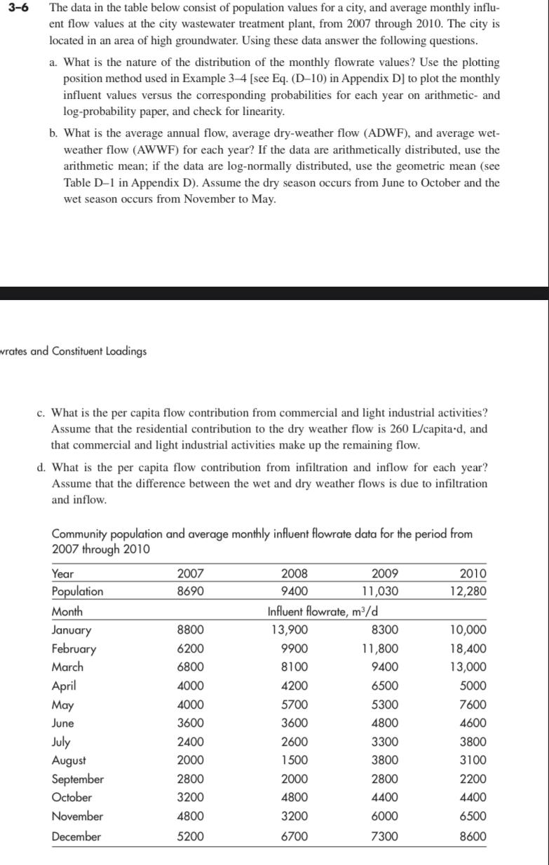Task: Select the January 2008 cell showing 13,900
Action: pos(289,630)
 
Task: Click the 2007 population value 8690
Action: pos(191,592)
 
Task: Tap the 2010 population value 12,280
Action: pos(468,592)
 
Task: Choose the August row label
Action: pos(69,761)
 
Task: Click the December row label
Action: pos(76,836)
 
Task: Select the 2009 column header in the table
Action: pos(384,573)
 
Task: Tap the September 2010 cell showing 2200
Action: pos(473,779)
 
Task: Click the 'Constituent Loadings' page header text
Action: pos(97,351)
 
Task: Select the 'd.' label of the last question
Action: pos(41,468)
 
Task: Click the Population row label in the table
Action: pos(78,592)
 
